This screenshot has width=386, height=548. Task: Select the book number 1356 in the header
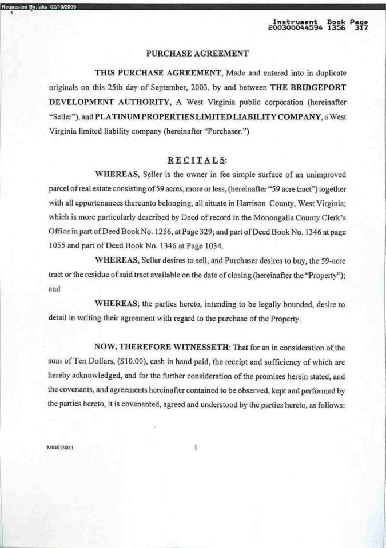(x=337, y=27)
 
